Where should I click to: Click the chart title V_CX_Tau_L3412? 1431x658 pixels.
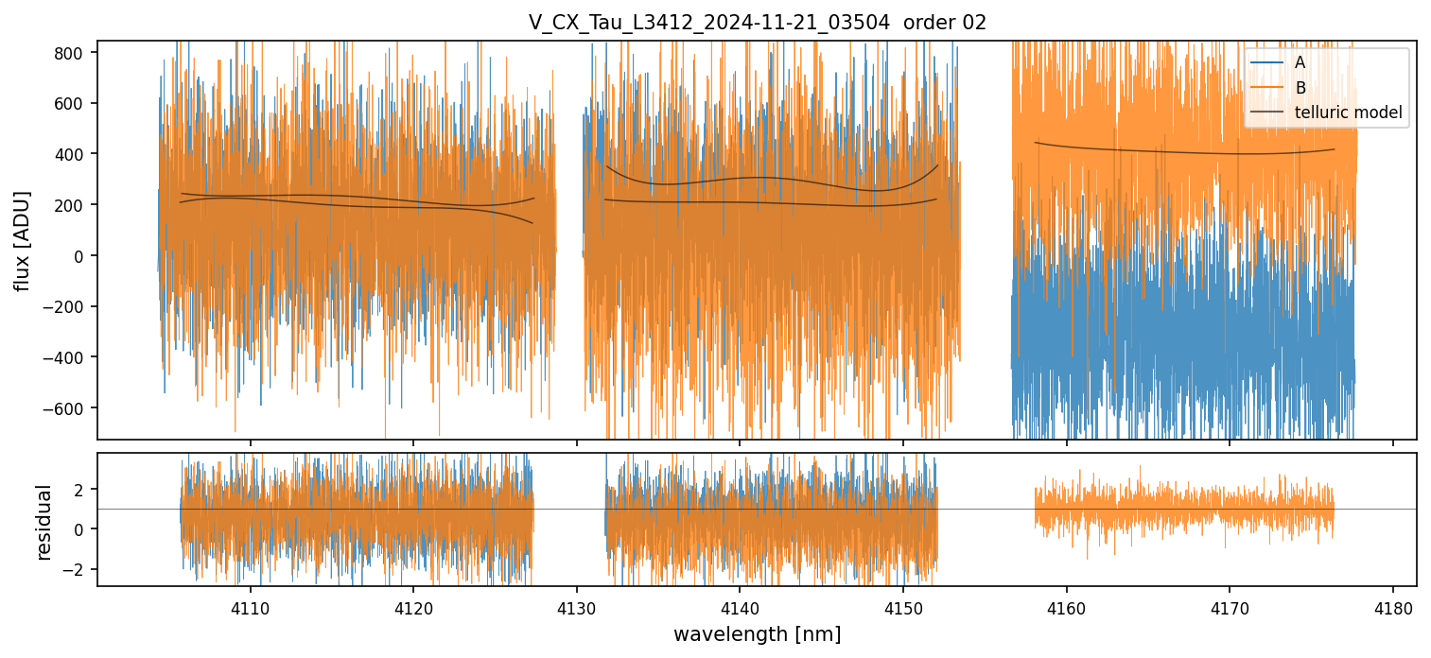(757, 23)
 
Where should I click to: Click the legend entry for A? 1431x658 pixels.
(1300, 62)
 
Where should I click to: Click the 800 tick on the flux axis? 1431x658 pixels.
(74, 53)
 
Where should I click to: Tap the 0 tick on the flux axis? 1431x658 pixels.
(81, 256)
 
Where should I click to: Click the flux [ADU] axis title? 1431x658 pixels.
(22, 240)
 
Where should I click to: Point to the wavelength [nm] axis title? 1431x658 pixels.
(757, 633)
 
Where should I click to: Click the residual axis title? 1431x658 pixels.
(44, 522)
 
